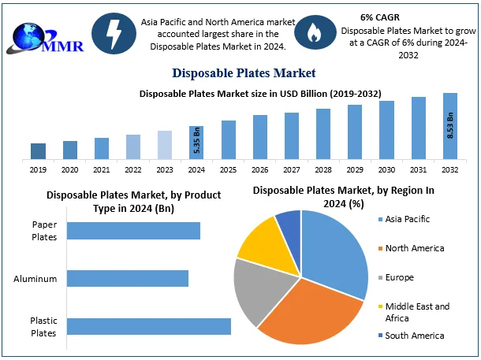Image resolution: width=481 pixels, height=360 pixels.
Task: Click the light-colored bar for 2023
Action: pos(165,145)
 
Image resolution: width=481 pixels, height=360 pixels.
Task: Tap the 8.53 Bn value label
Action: pos(450,126)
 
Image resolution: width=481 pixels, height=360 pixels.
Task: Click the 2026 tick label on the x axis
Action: pos(260,169)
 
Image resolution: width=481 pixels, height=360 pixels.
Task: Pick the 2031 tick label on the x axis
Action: pos(419,169)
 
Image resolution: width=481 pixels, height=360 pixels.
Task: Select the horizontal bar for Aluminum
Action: pos(128,278)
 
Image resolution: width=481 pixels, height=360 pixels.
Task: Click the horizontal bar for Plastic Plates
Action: pos(149,326)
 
